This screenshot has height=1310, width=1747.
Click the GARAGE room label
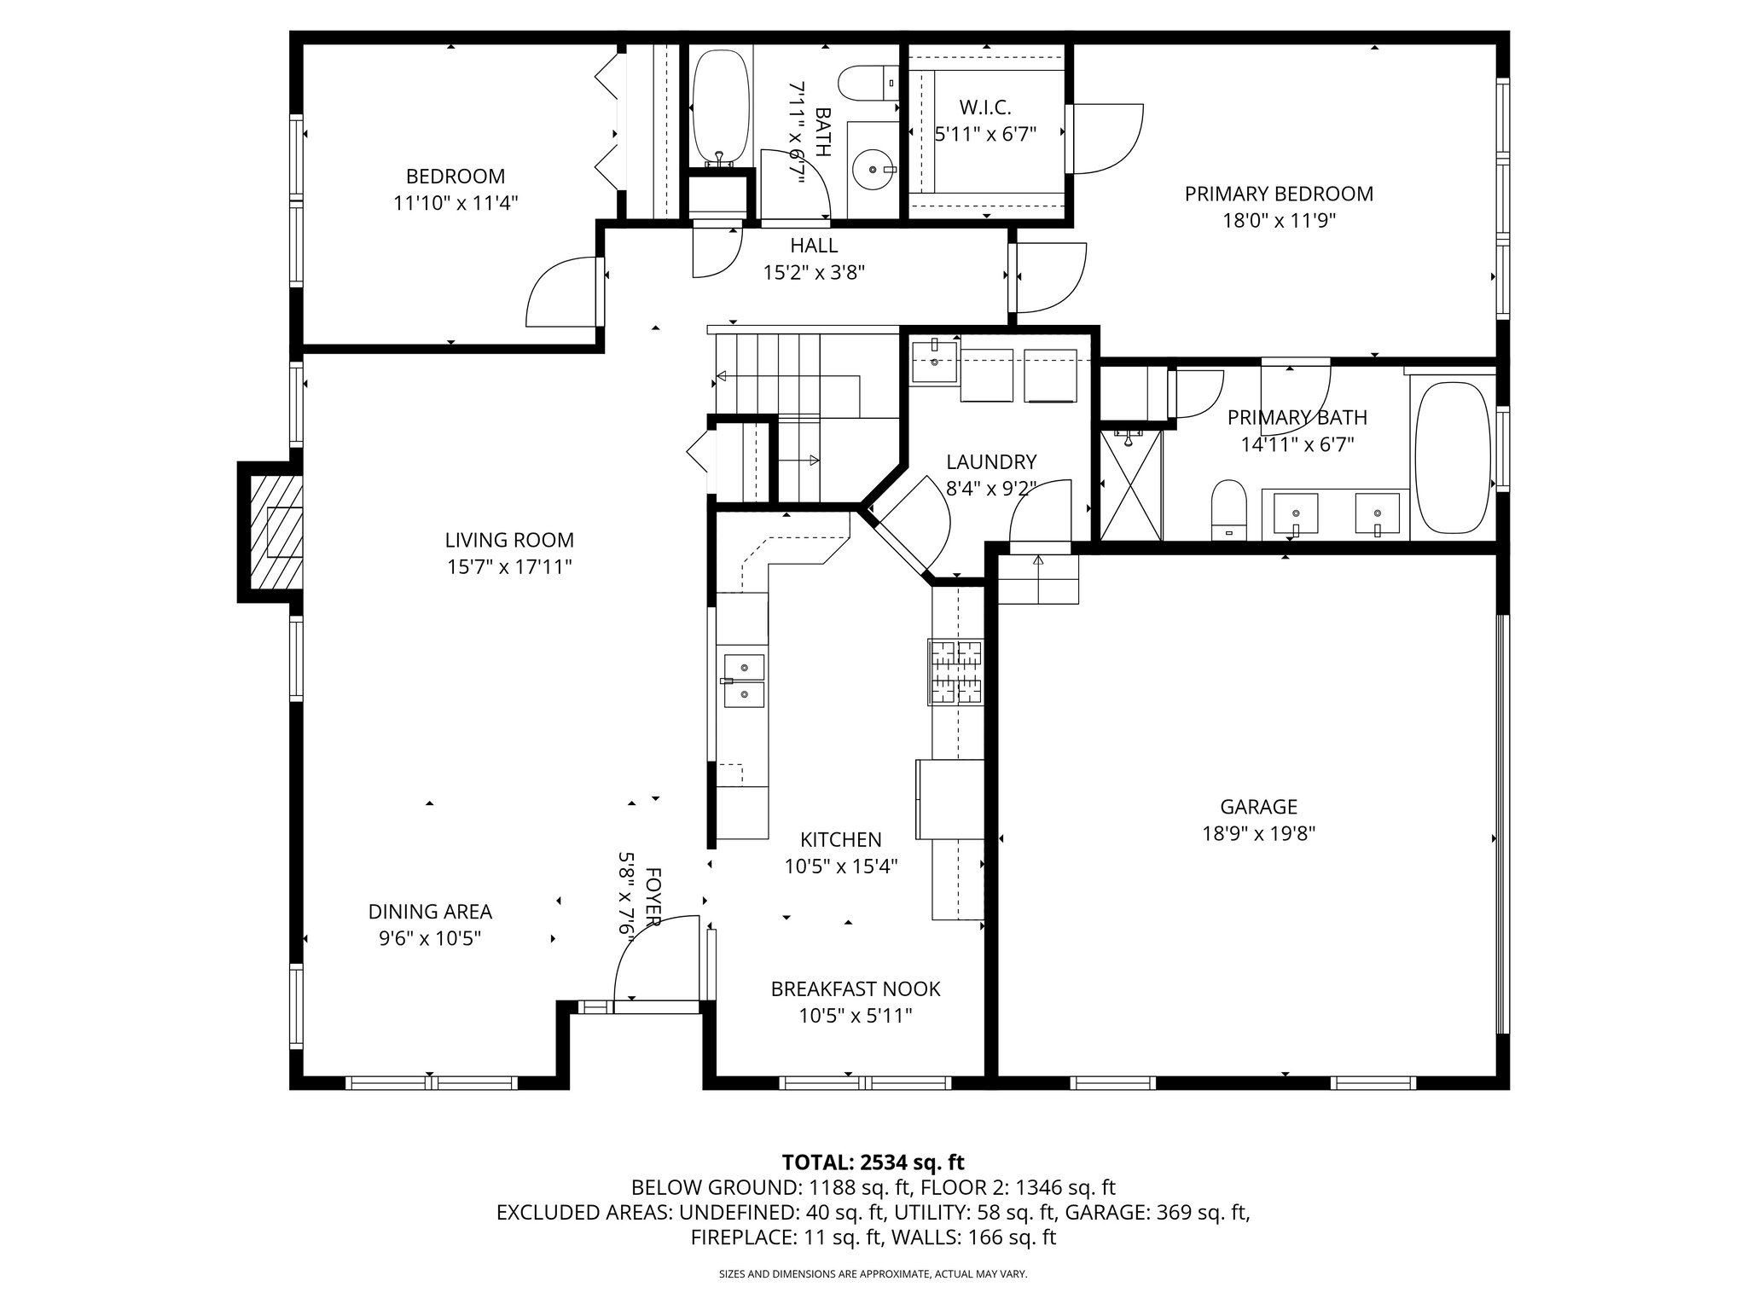point(1258,807)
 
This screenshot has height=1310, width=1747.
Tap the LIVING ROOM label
point(509,540)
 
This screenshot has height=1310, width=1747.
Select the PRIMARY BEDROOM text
point(1279,194)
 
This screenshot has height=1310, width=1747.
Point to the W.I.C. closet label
point(985,107)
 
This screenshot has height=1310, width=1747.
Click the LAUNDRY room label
point(991,461)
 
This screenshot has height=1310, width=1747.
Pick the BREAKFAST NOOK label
point(856,988)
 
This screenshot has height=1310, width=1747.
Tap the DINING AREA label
point(430,911)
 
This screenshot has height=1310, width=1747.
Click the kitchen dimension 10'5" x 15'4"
point(841,867)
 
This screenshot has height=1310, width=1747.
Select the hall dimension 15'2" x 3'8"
point(814,272)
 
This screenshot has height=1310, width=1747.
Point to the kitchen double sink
point(744,681)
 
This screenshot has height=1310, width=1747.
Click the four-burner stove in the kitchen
point(955,672)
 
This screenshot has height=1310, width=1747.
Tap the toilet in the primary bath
point(1228,509)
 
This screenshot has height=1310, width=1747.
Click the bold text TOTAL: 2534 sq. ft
point(873,1162)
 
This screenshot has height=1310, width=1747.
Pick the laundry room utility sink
point(935,360)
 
